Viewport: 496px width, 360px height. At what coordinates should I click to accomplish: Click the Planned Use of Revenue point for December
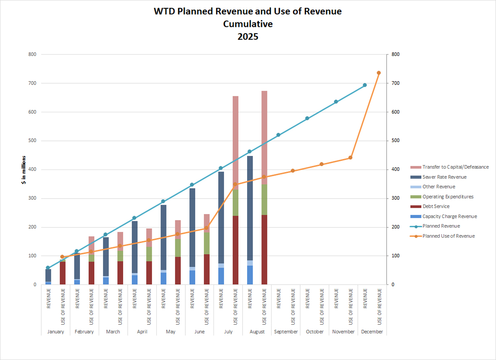(x=379, y=73)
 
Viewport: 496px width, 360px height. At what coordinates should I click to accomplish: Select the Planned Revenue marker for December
(x=364, y=85)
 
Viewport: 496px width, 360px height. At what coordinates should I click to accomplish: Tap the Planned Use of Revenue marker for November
(x=350, y=158)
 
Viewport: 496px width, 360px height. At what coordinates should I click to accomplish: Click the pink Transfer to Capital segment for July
(x=235, y=143)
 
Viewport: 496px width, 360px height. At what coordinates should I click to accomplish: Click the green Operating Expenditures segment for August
(x=264, y=200)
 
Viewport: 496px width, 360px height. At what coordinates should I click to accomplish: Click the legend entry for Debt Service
(x=435, y=206)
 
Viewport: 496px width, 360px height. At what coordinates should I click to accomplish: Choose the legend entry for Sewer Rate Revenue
(x=444, y=177)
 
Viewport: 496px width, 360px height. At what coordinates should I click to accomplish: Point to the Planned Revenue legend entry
(x=441, y=226)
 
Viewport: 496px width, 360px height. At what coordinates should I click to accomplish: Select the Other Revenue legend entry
(x=438, y=187)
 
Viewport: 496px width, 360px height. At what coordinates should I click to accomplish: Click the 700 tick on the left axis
(x=32, y=83)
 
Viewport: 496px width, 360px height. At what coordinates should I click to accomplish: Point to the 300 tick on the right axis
(x=395, y=198)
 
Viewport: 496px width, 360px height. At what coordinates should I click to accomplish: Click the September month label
(x=286, y=332)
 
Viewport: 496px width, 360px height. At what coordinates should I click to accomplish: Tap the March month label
(x=113, y=332)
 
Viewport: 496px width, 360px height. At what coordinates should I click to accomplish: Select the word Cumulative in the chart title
(x=248, y=24)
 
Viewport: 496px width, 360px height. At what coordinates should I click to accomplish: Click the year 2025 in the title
(x=248, y=37)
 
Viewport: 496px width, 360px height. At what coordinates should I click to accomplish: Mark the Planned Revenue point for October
(x=307, y=118)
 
